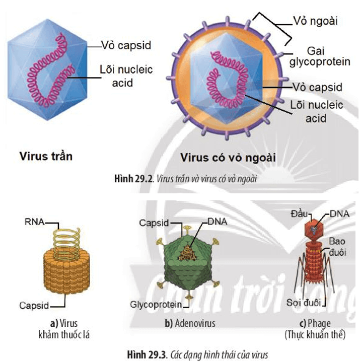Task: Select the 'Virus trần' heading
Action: pos(46,156)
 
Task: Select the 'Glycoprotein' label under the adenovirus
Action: pos(156,305)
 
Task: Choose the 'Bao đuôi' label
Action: pos(338,247)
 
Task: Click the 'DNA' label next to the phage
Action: pos(340,214)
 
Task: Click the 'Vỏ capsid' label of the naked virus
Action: pos(126,46)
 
